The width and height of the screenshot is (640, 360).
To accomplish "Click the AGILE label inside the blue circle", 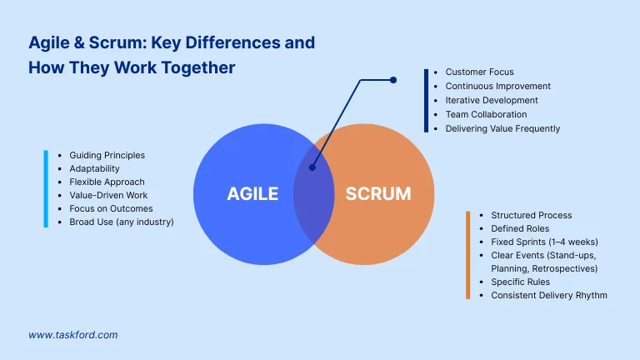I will pyautogui.click(x=252, y=194).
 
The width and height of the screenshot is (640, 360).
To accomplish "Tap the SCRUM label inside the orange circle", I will pyautogui.click(x=377, y=194).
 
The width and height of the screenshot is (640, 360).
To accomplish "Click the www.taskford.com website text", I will pyautogui.click(x=73, y=335).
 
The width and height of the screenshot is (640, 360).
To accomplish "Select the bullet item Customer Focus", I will pyautogui.click(x=479, y=72).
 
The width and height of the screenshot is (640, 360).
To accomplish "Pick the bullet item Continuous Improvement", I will pyautogui.click(x=497, y=87).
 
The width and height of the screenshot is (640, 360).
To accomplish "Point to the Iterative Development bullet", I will pyautogui.click(x=492, y=101).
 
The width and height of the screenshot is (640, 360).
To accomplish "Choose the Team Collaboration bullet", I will pyautogui.click(x=486, y=115).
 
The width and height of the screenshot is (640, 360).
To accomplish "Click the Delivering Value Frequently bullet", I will pyautogui.click(x=502, y=129).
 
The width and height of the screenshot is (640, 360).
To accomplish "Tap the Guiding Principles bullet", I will pyautogui.click(x=107, y=155).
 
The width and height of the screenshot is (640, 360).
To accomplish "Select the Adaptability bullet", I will pyautogui.click(x=94, y=168).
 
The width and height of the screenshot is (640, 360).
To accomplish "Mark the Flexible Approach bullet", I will pyautogui.click(x=107, y=182).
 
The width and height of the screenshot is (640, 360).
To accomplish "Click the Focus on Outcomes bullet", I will pyautogui.click(x=111, y=208).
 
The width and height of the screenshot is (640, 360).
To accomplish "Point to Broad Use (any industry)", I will pyautogui.click(x=121, y=222).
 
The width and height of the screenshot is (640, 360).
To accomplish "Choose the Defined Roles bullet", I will pyautogui.click(x=520, y=228).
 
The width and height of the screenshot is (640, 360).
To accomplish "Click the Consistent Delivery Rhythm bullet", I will pyautogui.click(x=548, y=295).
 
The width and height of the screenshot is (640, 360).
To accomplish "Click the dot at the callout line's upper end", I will pyautogui.click(x=393, y=80).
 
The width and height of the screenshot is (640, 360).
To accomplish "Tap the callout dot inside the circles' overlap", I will pyautogui.click(x=312, y=167).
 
